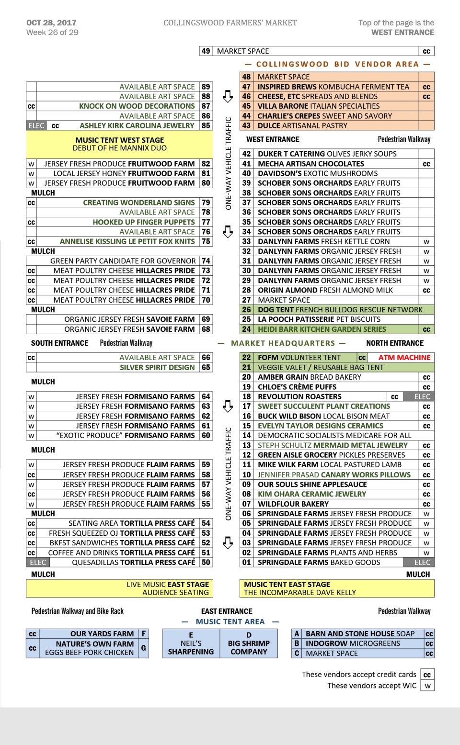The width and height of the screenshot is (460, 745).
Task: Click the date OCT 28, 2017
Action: click(x=51, y=23)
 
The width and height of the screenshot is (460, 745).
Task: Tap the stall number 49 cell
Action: click(x=206, y=51)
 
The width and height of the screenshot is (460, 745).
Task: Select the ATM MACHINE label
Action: click(x=404, y=358)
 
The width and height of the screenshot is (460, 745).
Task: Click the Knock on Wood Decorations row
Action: click(x=137, y=106)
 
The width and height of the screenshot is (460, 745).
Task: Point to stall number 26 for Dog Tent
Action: click(x=246, y=310)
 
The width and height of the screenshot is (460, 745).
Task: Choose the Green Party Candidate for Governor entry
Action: click(x=123, y=261)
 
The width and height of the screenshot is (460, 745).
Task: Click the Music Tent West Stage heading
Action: click(x=119, y=140)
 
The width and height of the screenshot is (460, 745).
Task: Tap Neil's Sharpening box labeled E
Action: click(x=191, y=643)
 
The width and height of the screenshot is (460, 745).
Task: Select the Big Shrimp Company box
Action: click(x=249, y=643)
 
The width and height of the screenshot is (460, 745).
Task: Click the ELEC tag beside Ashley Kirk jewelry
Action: click(x=36, y=126)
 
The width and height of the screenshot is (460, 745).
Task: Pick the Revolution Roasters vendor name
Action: click(x=299, y=396)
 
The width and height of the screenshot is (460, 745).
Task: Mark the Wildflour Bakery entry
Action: click(x=293, y=504)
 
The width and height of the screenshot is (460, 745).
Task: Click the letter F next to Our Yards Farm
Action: click(x=143, y=633)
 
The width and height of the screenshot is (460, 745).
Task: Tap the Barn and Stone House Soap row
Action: click(x=360, y=633)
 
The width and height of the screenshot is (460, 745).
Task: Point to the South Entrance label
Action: click(x=59, y=343)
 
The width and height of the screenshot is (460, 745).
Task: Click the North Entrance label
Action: click(x=394, y=343)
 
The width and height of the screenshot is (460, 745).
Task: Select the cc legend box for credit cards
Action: click(x=427, y=675)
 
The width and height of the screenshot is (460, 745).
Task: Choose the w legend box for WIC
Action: click(x=427, y=686)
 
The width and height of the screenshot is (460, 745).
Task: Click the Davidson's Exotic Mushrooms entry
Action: click(x=318, y=173)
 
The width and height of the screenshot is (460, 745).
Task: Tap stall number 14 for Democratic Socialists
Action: click(x=246, y=436)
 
